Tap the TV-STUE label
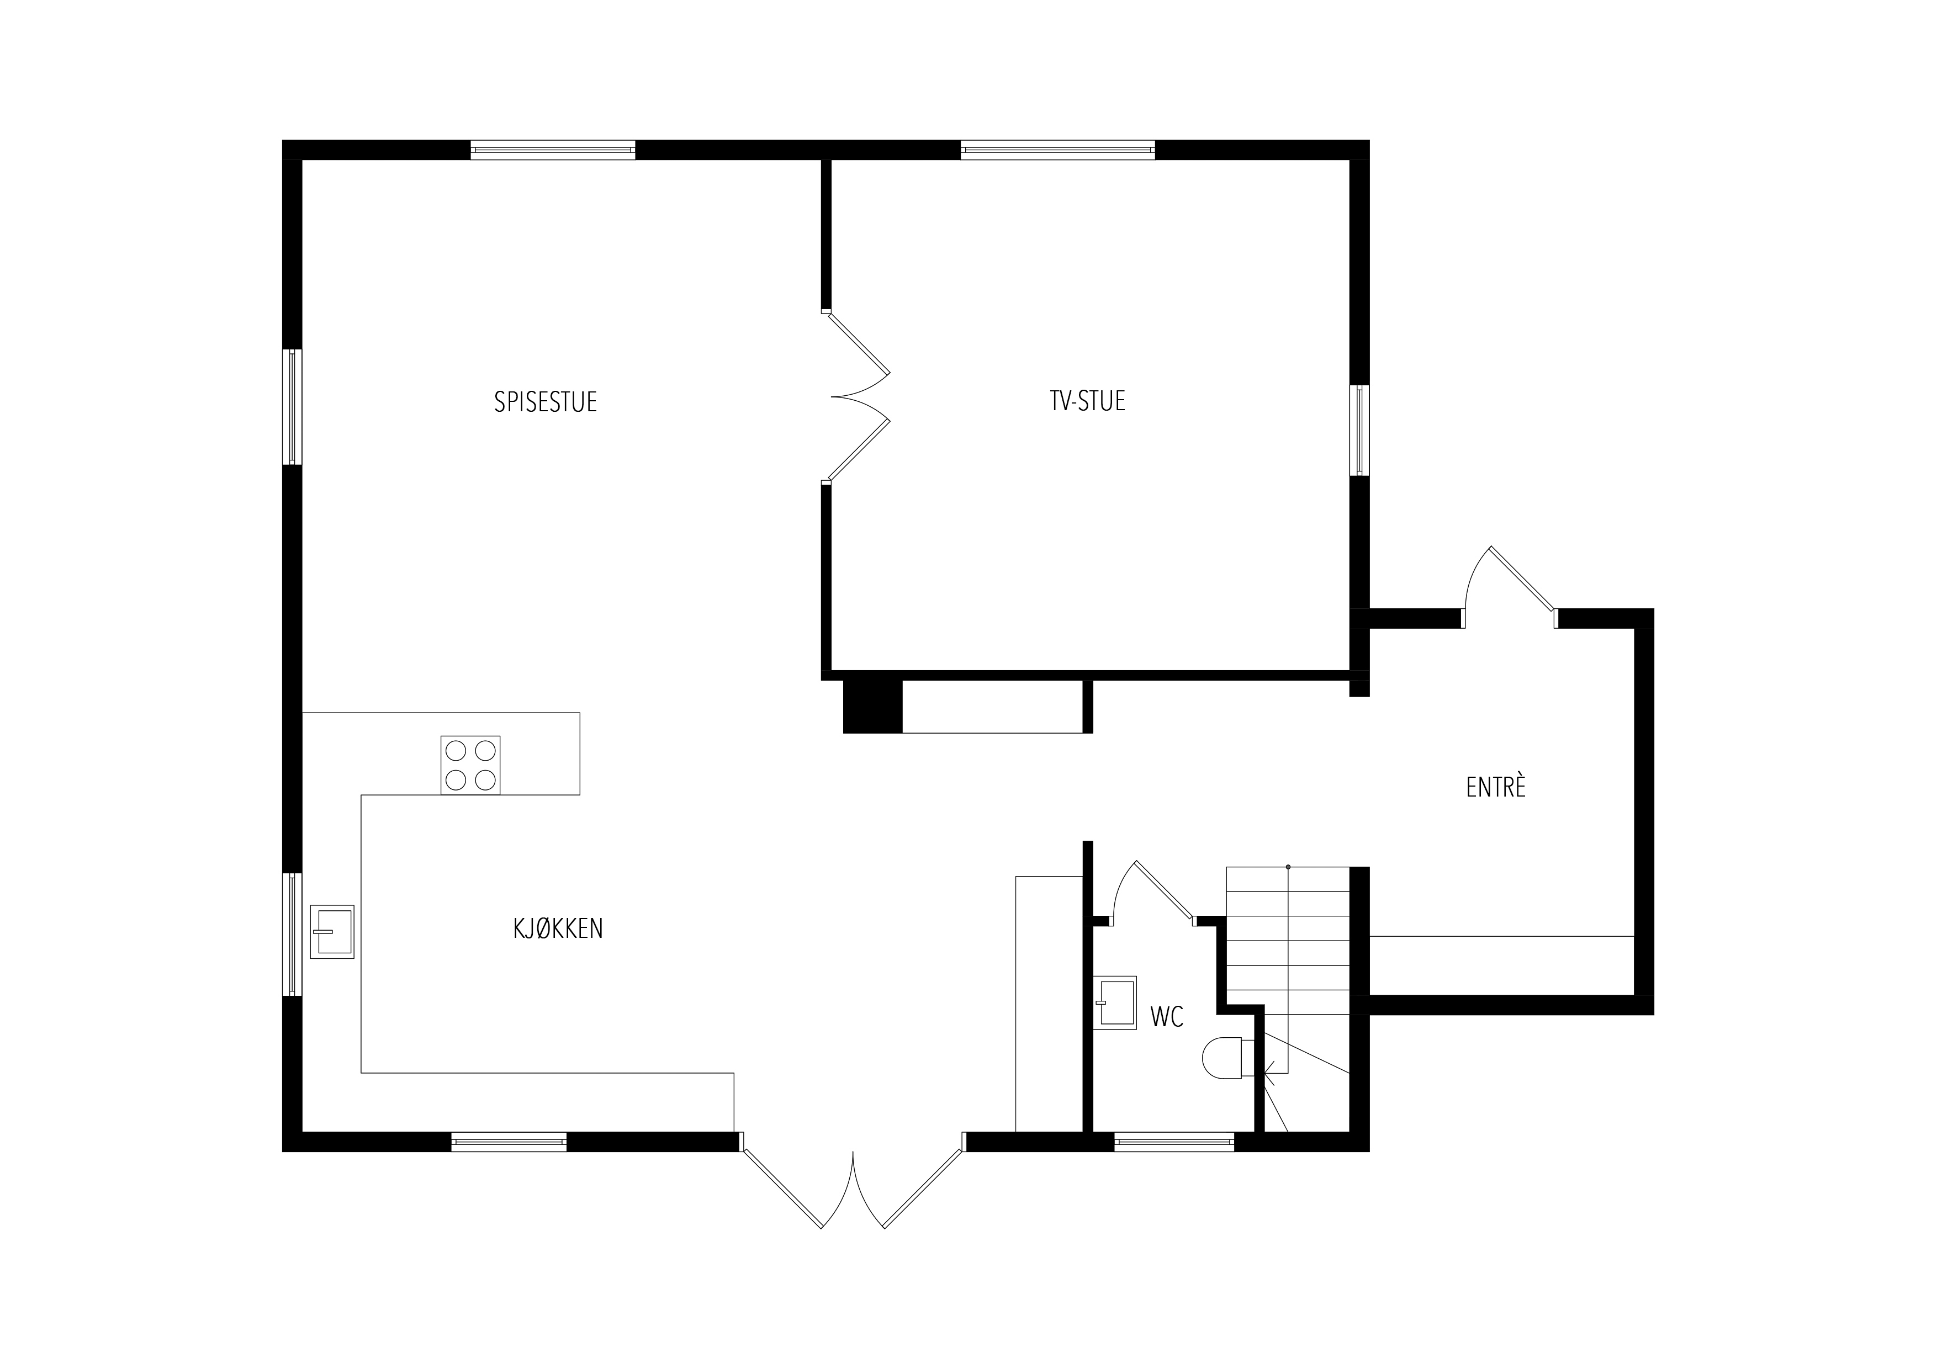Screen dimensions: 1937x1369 [x=1087, y=401]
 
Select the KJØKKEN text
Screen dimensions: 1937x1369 [x=558, y=928]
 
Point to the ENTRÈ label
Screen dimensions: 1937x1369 [x=1496, y=787]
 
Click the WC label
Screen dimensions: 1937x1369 [x=1167, y=1017]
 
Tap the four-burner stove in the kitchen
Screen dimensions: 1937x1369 [x=470, y=765]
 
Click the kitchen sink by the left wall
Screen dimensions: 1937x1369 [x=332, y=931]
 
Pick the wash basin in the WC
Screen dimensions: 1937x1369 [x=1115, y=1003]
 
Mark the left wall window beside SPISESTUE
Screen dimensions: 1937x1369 [x=292, y=407]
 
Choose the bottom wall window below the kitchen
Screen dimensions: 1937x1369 [x=509, y=1142]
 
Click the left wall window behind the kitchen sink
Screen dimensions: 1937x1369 [x=292, y=934]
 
